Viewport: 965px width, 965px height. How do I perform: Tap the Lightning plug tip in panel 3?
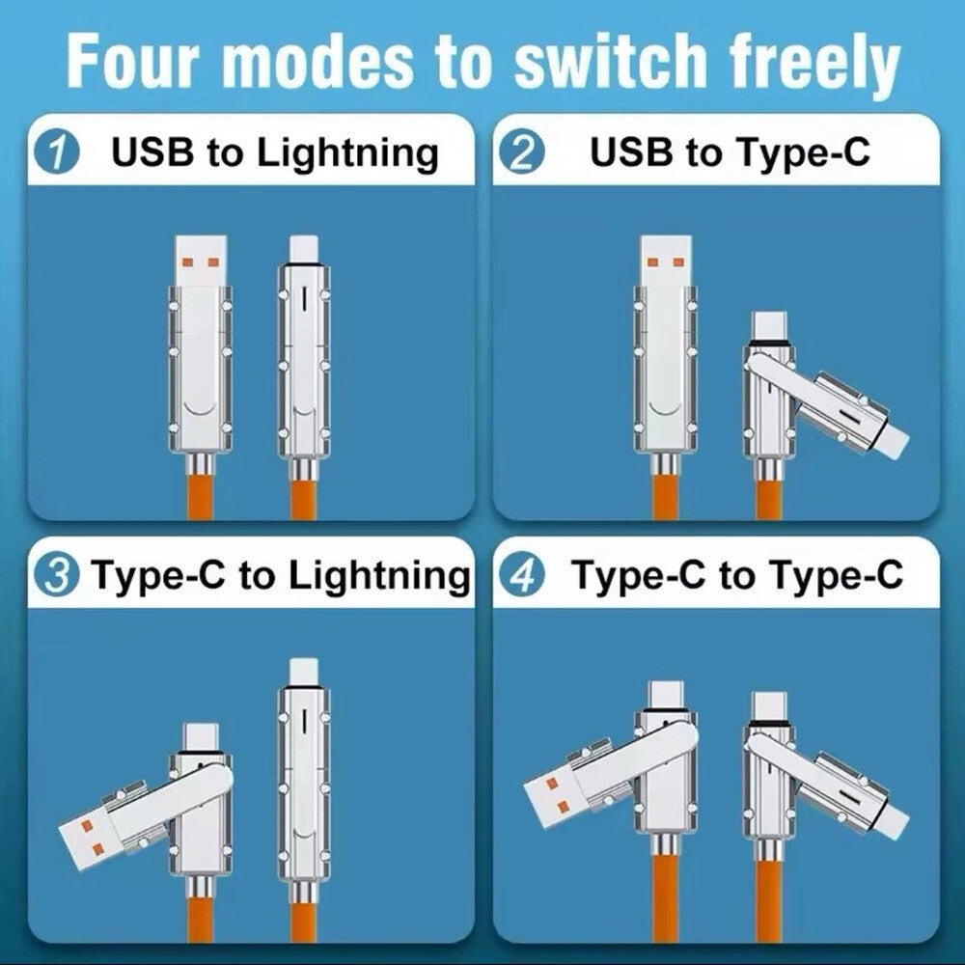304,672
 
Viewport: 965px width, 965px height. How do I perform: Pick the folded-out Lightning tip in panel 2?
890,441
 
